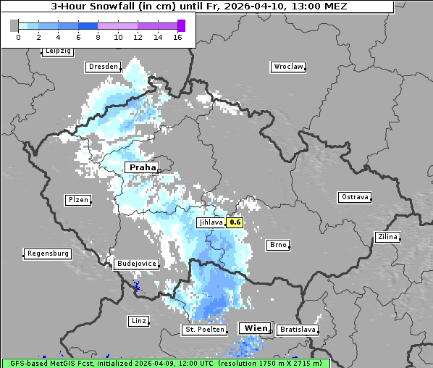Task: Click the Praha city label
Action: pos(143,167)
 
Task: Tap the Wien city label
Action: pos(255,328)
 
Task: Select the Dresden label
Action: pos(103,67)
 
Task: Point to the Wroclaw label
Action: pos(287,67)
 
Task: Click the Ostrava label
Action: pos(355,197)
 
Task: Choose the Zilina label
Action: pos(387,237)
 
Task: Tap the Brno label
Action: pos(278,245)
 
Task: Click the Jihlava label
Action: pos(211,222)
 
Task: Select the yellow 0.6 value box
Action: pos(235,222)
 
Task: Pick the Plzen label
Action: pos(77,200)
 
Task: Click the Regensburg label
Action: pos(48,254)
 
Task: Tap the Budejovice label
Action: pos(135,264)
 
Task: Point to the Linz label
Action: pos(138,320)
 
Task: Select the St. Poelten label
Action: pos(205,330)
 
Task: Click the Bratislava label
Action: pos(298,330)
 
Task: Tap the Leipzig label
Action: pos(58,51)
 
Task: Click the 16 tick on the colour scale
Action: pos(178,37)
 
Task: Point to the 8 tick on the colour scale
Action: pos(98,37)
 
